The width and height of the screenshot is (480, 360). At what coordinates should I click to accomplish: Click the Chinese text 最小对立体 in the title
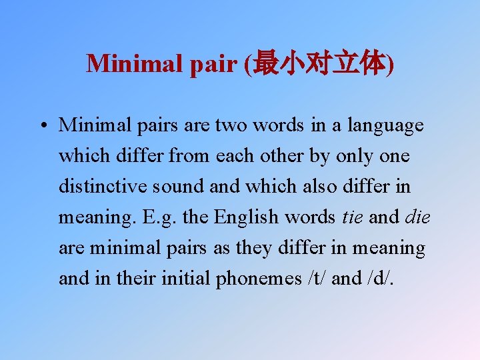(320, 63)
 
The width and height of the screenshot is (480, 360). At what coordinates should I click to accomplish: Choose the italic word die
(418, 217)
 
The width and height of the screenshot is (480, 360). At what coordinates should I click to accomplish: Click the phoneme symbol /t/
(316, 278)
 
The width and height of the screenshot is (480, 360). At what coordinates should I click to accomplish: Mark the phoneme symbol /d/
(379, 278)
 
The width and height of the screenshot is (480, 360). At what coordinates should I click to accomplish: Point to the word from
(190, 156)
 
